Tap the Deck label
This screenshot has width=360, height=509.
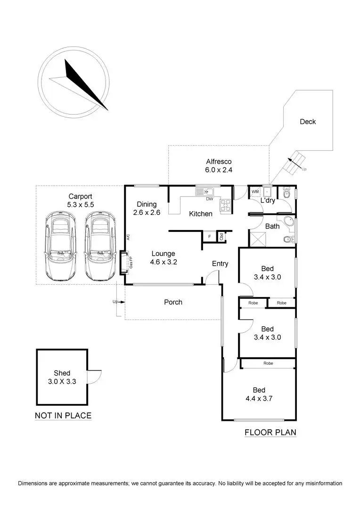coord(308,122)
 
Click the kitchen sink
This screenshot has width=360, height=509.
coord(206,191)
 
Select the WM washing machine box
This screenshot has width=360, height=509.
coord(255,192)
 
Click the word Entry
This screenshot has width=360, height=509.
coord(220,263)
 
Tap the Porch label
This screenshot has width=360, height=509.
coord(173,302)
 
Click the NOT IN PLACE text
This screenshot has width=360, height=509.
coord(63,416)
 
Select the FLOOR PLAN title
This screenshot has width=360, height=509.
coord(270,432)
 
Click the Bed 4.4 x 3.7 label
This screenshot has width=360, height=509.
coord(259,394)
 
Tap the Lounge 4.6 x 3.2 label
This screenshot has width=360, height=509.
coord(164,258)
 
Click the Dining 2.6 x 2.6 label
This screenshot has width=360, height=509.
coord(147,208)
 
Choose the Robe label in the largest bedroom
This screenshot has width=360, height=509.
coord(268,363)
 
